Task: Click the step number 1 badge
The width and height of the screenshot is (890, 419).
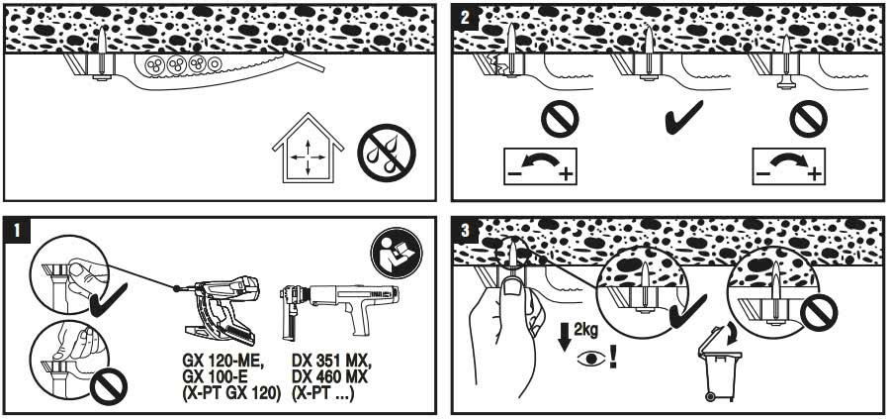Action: click(x=16, y=230)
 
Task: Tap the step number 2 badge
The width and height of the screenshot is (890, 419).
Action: click(x=465, y=16)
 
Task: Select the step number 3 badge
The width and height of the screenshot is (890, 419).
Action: click(x=465, y=230)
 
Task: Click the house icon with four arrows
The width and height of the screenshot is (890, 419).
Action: click(x=308, y=148)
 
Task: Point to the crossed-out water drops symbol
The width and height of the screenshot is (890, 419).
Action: click(x=387, y=153)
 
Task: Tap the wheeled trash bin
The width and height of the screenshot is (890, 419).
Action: click(x=720, y=363)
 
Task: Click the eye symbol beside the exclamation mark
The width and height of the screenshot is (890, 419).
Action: click(x=591, y=360)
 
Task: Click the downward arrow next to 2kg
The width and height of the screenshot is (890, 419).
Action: click(x=565, y=338)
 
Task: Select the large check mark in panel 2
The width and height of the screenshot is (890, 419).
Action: click(x=684, y=117)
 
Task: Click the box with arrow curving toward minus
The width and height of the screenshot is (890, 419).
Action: click(x=540, y=166)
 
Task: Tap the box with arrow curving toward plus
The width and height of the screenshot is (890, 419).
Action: click(x=789, y=166)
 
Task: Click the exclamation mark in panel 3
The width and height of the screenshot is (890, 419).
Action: click(x=613, y=357)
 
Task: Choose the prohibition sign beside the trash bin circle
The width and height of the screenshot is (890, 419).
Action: click(x=819, y=313)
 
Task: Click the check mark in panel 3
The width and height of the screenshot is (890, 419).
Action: click(x=688, y=312)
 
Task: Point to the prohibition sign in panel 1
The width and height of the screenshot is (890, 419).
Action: click(x=109, y=386)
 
